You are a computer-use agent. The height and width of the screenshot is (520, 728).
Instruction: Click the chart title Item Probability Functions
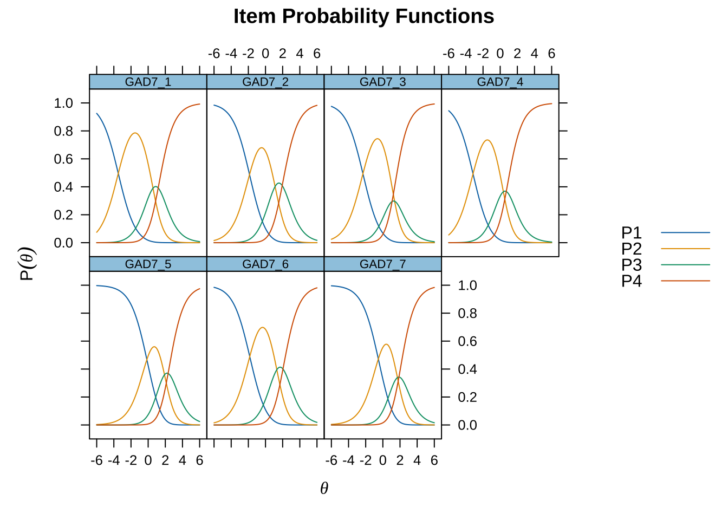pyautogui.click(x=363, y=16)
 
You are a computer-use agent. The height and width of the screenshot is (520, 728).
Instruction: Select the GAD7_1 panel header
pyautogui.click(x=148, y=82)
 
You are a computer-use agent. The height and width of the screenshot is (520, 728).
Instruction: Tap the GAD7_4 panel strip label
pyautogui.click(x=500, y=82)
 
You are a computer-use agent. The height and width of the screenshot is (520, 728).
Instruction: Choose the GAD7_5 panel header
pyautogui.click(x=148, y=264)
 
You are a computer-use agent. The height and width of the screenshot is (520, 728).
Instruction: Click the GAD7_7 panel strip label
pyautogui.click(x=382, y=264)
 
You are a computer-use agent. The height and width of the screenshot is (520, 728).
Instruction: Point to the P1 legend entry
pyautogui.click(x=666, y=233)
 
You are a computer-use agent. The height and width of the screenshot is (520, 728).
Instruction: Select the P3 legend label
pyautogui.click(x=632, y=265)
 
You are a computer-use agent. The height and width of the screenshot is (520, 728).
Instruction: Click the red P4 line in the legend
pyautogui.click(x=685, y=281)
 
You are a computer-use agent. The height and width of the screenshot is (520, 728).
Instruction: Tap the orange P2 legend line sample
pyautogui.click(x=685, y=249)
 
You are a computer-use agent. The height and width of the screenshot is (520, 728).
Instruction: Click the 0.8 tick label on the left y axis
pyautogui.click(x=63, y=131)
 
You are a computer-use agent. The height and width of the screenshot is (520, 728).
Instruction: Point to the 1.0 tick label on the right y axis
pyautogui.click(x=467, y=285)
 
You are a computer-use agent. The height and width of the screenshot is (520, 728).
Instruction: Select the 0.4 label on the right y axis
pyautogui.click(x=467, y=369)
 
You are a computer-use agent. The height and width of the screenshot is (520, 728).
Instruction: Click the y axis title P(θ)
pyautogui.click(x=27, y=264)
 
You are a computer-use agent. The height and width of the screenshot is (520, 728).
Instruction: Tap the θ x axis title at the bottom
pyautogui.click(x=324, y=488)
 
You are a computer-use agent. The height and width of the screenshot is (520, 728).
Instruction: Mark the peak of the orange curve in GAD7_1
pyautogui.click(x=135, y=133)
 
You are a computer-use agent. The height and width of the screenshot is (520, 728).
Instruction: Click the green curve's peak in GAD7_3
pyautogui.click(x=394, y=201)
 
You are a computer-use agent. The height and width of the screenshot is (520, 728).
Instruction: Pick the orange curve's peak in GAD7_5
pyautogui.click(x=154, y=347)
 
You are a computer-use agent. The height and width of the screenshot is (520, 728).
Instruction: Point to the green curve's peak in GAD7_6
pyautogui.click(x=280, y=367)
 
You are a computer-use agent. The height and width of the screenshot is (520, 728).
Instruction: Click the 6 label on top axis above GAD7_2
pyautogui.click(x=317, y=54)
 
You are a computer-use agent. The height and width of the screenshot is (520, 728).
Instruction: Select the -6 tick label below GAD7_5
pyautogui.click(x=96, y=460)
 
